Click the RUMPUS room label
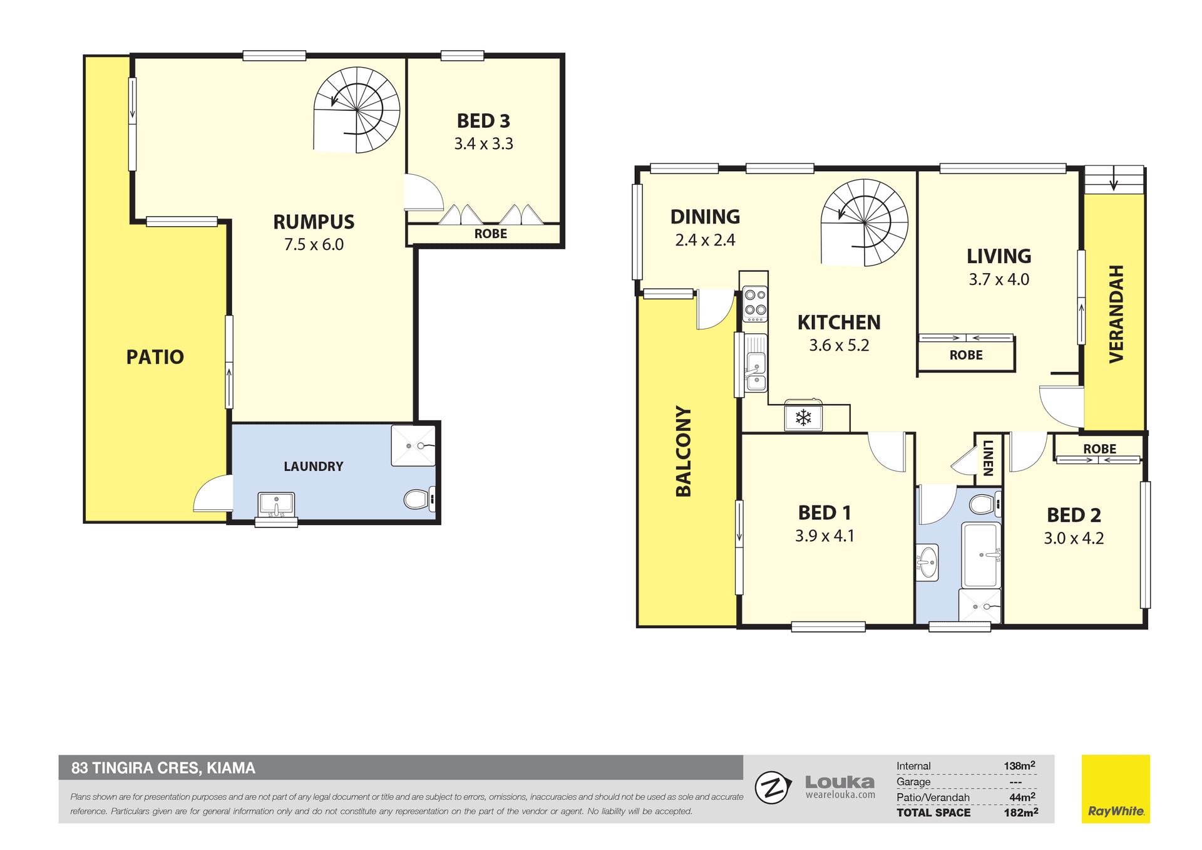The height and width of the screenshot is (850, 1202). click(x=314, y=222)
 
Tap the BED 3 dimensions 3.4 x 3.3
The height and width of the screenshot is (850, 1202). click(x=483, y=143)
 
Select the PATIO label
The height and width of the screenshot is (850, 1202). click(x=155, y=357)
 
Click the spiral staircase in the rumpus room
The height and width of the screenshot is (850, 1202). click(x=356, y=110)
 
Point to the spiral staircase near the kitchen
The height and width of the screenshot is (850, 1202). click(x=865, y=223)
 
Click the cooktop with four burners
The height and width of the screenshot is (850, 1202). click(x=755, y=304)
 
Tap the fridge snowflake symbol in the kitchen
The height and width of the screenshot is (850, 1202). click(x=803, y=418)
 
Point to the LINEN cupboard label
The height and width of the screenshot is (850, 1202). click(x=988, y=458)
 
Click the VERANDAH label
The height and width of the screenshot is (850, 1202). click(x=1116, y=314)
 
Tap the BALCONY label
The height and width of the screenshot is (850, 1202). click(x=683, y=451)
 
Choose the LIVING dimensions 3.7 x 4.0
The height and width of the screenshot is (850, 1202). click(x=999, y=279)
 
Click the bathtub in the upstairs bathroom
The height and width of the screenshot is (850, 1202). click(x=981, y=555)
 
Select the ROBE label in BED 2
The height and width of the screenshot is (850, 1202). click(x=1099, y=449)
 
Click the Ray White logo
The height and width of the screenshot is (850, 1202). click(x=1116, y=789)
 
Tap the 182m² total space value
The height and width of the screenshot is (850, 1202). click(x=1020, y=812)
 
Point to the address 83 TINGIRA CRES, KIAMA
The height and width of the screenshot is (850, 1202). click(x=163, y=768)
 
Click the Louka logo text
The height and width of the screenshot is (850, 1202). click(x=840, y=782)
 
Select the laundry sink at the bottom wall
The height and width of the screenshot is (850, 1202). click(x=276, y=504)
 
